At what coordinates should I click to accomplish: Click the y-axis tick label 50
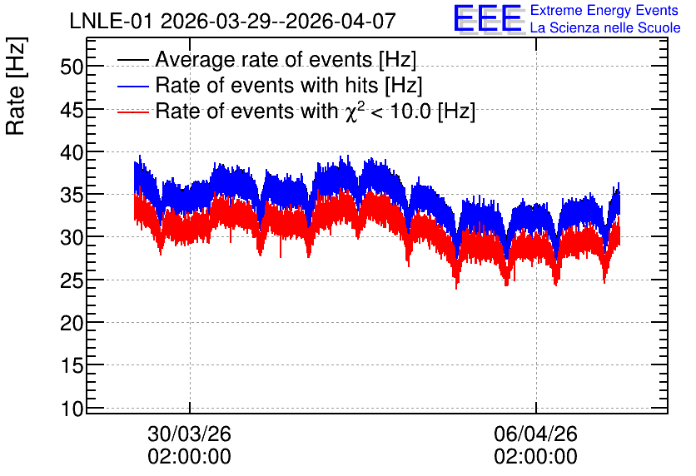click(72, 67)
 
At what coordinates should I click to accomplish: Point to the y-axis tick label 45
click(72, 110)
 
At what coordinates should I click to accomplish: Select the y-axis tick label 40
click(72, 152)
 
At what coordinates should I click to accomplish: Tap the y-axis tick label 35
click(72, 196)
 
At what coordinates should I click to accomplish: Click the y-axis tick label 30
click(72, 238)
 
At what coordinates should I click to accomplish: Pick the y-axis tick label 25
click(72, 280)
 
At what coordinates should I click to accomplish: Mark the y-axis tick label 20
click(72, 324)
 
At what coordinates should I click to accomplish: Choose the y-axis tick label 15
click(72, 366)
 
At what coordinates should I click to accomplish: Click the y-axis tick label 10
click(72, 409)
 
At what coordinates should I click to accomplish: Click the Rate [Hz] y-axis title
click(16, 86)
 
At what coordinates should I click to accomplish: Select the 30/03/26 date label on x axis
click(190, 434)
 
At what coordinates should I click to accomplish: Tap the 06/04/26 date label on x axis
click(536, 434)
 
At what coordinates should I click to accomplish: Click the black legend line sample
click(132, 60)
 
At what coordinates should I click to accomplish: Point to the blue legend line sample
click(132, 86)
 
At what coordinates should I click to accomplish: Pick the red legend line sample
click(132, 112)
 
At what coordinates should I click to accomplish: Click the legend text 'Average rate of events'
click(264, 59)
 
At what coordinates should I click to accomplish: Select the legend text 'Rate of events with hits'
click(266, 85)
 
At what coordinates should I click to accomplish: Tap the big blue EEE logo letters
click(488, 18)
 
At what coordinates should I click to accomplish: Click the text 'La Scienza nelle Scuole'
click(605, 27)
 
